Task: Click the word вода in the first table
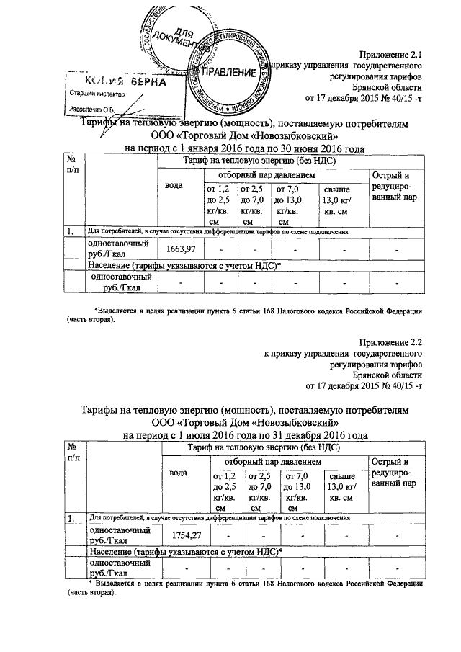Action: point(174,186)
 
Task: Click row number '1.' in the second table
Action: point(72,517)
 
